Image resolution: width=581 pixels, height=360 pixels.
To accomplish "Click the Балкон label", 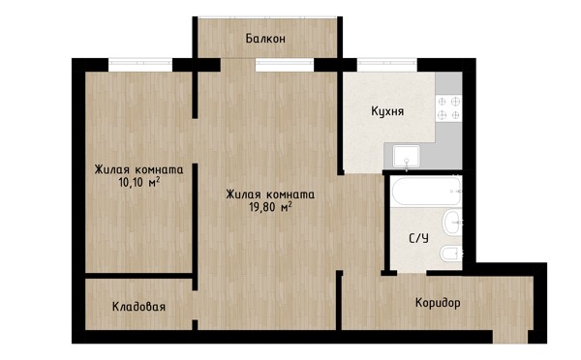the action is (265, 39).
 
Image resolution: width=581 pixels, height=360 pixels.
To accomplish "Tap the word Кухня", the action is (387, 111).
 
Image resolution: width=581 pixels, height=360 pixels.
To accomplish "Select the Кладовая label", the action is (138, 307).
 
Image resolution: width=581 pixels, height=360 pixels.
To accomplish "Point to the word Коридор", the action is (438, 303).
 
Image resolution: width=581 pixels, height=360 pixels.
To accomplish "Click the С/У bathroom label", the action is (418, 238).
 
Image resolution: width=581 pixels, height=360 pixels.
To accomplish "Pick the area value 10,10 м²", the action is (139, 182).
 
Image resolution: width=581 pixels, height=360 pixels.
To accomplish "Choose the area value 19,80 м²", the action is (270, 207).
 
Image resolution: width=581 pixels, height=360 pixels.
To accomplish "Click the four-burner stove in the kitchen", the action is (448, 107).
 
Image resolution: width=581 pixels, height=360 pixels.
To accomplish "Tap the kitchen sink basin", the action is (407, 156).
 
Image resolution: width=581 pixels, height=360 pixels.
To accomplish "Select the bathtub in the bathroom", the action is (426, 191).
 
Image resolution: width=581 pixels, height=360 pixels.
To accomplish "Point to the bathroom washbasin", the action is (452, 223).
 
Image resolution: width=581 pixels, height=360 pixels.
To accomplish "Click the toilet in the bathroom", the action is (450, 254).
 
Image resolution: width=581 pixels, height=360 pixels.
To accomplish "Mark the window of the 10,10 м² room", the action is (140, 65).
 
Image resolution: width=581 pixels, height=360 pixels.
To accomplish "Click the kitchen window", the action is (387, 65).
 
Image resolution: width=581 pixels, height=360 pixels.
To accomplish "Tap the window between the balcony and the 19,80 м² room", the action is (285, 65).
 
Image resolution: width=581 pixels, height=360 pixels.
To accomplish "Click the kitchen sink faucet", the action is (407, 165).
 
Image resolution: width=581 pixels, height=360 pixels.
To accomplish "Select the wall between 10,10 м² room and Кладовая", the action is (138, 276).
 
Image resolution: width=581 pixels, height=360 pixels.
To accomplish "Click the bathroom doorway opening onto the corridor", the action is (412, 273).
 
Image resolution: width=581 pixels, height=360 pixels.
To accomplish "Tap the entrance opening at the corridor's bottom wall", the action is (510, 337).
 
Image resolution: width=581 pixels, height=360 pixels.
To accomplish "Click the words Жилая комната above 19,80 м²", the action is (270, 195).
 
